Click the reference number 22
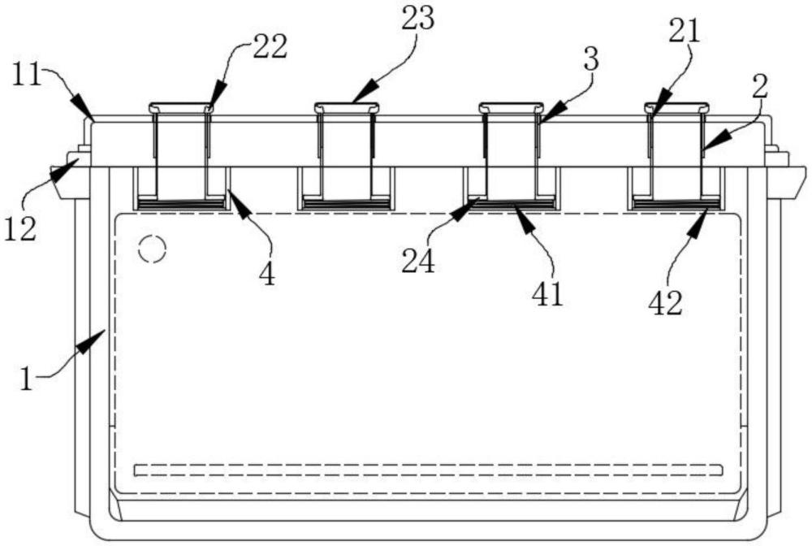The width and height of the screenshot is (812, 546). [270, 47]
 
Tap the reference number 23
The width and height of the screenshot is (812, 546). [418, 19]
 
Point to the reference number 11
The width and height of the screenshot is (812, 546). [26, 75]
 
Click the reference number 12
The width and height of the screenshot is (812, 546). [20, 229]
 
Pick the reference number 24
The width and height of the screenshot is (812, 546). [418, 262]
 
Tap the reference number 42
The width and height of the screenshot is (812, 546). [666, 304]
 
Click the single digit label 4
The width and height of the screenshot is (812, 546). [267, 275]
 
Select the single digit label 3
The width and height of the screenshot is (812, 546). [591, 59]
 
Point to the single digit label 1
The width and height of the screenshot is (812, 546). [27, 379]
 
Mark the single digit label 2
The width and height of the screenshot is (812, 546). [759, 87]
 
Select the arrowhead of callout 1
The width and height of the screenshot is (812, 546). [93, 343]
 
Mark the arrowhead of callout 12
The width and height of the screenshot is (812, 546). [65, 170]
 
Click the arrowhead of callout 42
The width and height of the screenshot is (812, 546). [698, 221]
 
